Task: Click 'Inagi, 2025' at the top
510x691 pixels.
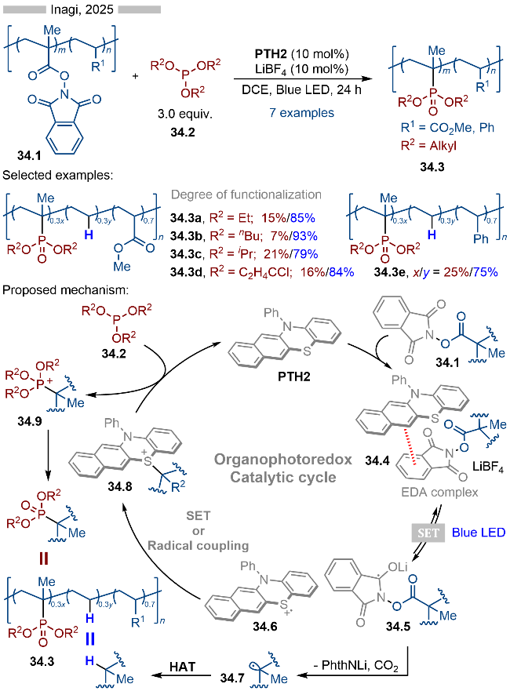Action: pos(82,10)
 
